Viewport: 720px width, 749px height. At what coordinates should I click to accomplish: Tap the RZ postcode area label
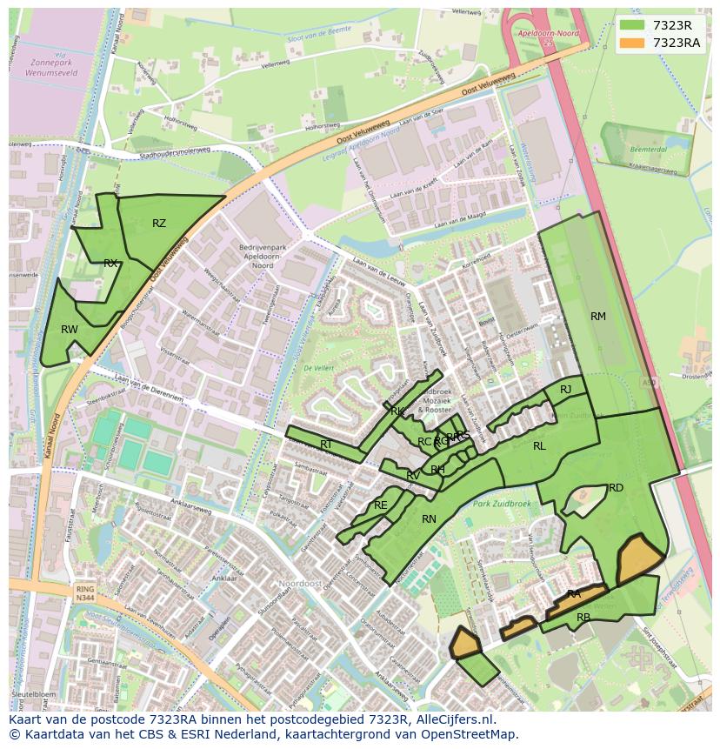[x=159, y=224]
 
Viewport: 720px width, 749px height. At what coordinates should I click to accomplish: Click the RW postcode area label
[x=70, y=330]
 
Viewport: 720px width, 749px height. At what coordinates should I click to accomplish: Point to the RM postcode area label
[x=598, y=317]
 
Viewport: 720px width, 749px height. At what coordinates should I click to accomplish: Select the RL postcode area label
[x=539, y=446]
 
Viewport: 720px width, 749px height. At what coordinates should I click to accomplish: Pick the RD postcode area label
[x=616, y=488]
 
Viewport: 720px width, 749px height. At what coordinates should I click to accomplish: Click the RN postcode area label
[x=429, y=519]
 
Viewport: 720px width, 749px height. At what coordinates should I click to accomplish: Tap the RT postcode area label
[x=326, y=445]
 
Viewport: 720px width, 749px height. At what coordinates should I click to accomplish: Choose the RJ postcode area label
[x=566, y=390]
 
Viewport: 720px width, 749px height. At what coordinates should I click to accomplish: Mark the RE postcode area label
[x=380, y=505]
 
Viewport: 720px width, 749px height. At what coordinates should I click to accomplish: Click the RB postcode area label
[x=583, y=618]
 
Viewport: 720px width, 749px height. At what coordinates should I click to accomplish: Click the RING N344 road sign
[x=84, y=594]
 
